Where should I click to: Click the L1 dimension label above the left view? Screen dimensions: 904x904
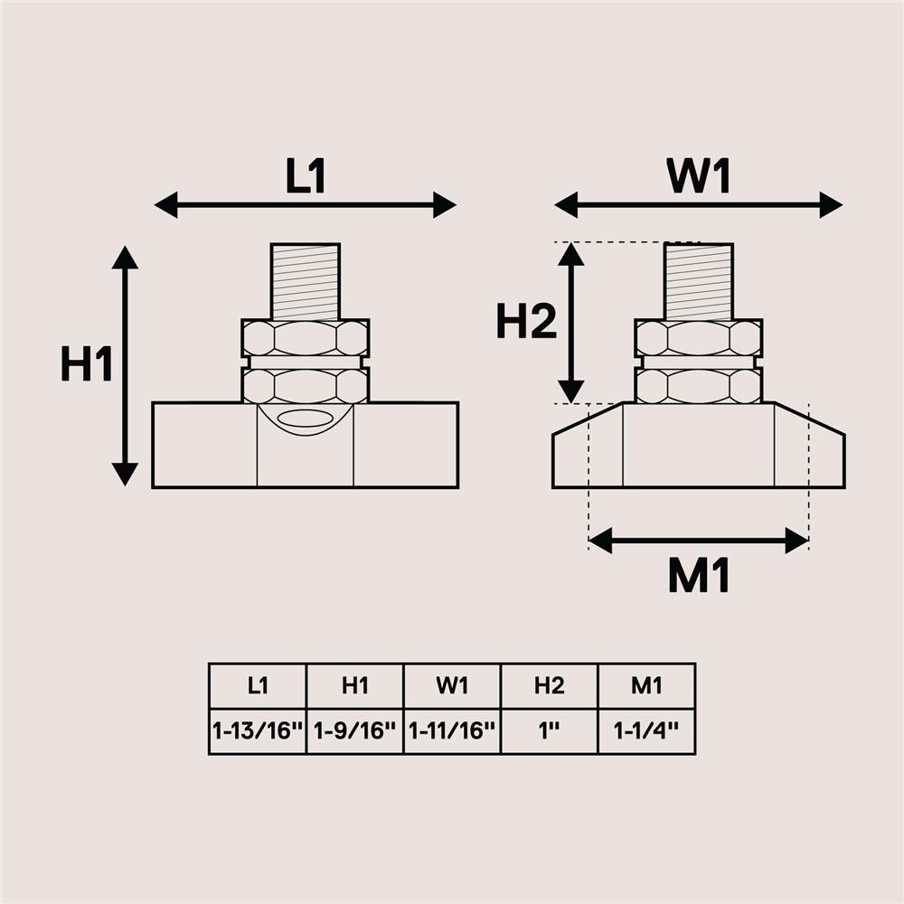click(x=306, y=177)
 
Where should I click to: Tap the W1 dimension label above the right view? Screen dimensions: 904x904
click(x=699, y=177)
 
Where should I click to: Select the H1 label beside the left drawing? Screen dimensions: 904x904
click(x=87, y=366)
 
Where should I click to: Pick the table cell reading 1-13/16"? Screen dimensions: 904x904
click(x=258, y=731)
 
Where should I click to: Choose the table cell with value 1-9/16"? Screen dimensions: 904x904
click(x=355, y=731)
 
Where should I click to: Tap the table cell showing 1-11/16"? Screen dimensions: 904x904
click(x=452, y=731)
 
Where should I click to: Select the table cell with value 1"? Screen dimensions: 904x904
click(x=549, y=731)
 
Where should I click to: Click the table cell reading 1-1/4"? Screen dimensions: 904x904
click(x=646, y=731)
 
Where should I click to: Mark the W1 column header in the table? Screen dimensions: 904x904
click(x=452, y=686)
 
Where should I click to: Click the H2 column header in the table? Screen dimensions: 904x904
click(x=549, y=686)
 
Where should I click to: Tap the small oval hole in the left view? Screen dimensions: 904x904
click(x=305, y=419)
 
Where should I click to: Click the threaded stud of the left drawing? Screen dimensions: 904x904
click(x=306, y=280)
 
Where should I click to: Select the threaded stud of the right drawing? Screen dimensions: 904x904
click(x=699, y=280)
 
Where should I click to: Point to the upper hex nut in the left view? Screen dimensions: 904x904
click(x=306, y=337)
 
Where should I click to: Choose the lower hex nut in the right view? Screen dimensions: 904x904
click(x=699, y=386)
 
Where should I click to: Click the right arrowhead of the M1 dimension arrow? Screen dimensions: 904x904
click(x=797, y=541)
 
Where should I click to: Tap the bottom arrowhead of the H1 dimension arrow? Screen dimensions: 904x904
click(x=125, y=474)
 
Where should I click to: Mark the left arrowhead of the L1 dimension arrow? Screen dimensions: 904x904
click(x=166, y=205)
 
